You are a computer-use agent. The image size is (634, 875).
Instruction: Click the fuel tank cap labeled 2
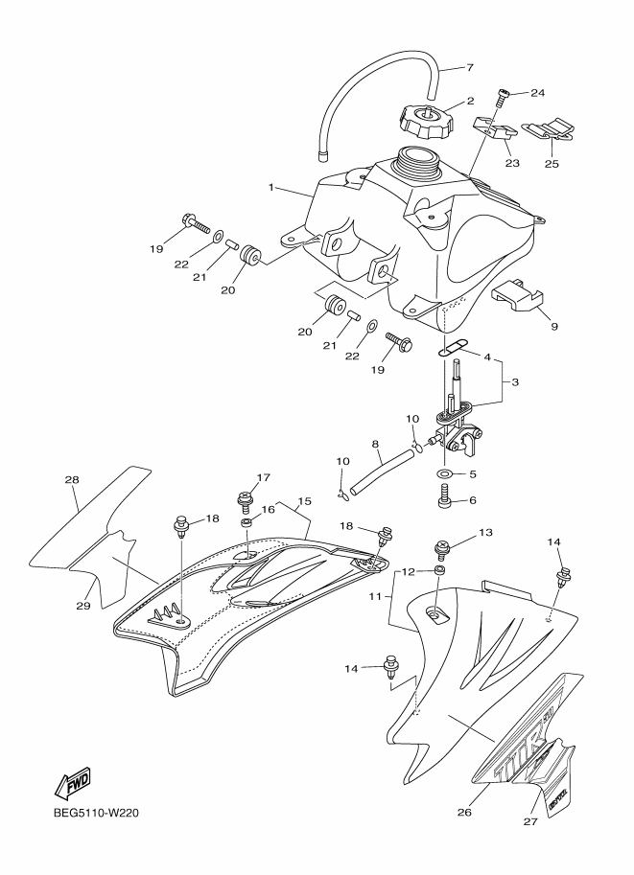[423, 121]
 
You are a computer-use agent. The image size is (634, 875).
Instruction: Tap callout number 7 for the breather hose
[470, 68]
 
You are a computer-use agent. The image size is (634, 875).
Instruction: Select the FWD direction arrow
[73, 784]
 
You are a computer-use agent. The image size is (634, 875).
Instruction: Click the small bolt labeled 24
[501, 97]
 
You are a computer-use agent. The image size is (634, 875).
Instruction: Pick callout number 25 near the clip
[553, 164]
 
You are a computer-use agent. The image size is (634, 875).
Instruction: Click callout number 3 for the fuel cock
[515, 382]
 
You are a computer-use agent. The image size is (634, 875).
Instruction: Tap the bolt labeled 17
[244, 498]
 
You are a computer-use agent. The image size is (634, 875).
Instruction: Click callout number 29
[83, 605]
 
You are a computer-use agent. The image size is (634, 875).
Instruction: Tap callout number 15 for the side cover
[305, 501]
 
